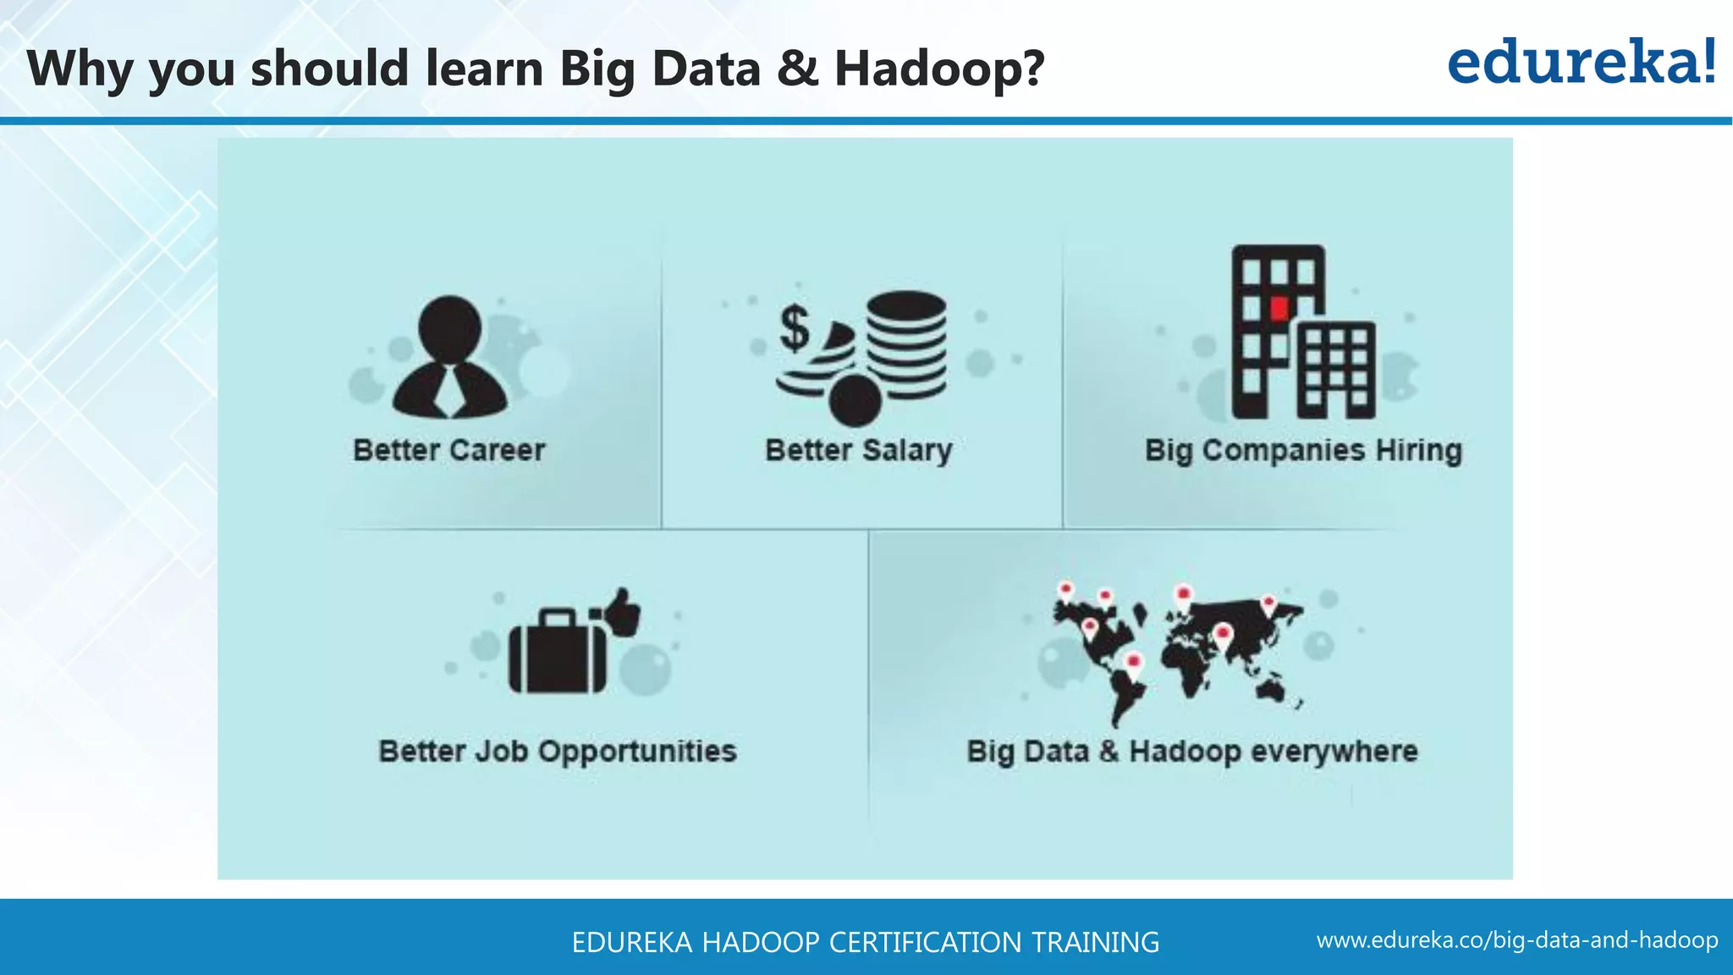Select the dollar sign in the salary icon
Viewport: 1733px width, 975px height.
click(795, 328)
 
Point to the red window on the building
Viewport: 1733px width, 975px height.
click(1279, 307)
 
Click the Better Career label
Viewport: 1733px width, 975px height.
click(449, 450)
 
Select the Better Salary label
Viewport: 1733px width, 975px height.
click(859, 450)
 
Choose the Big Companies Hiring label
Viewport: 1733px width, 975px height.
click(1303, 450)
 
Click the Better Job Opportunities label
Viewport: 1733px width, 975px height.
click(558, 752)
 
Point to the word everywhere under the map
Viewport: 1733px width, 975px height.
click(1334, 752)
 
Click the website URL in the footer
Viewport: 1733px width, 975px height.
click(1517, 940)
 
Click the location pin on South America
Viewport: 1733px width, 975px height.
click(1134, 663)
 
